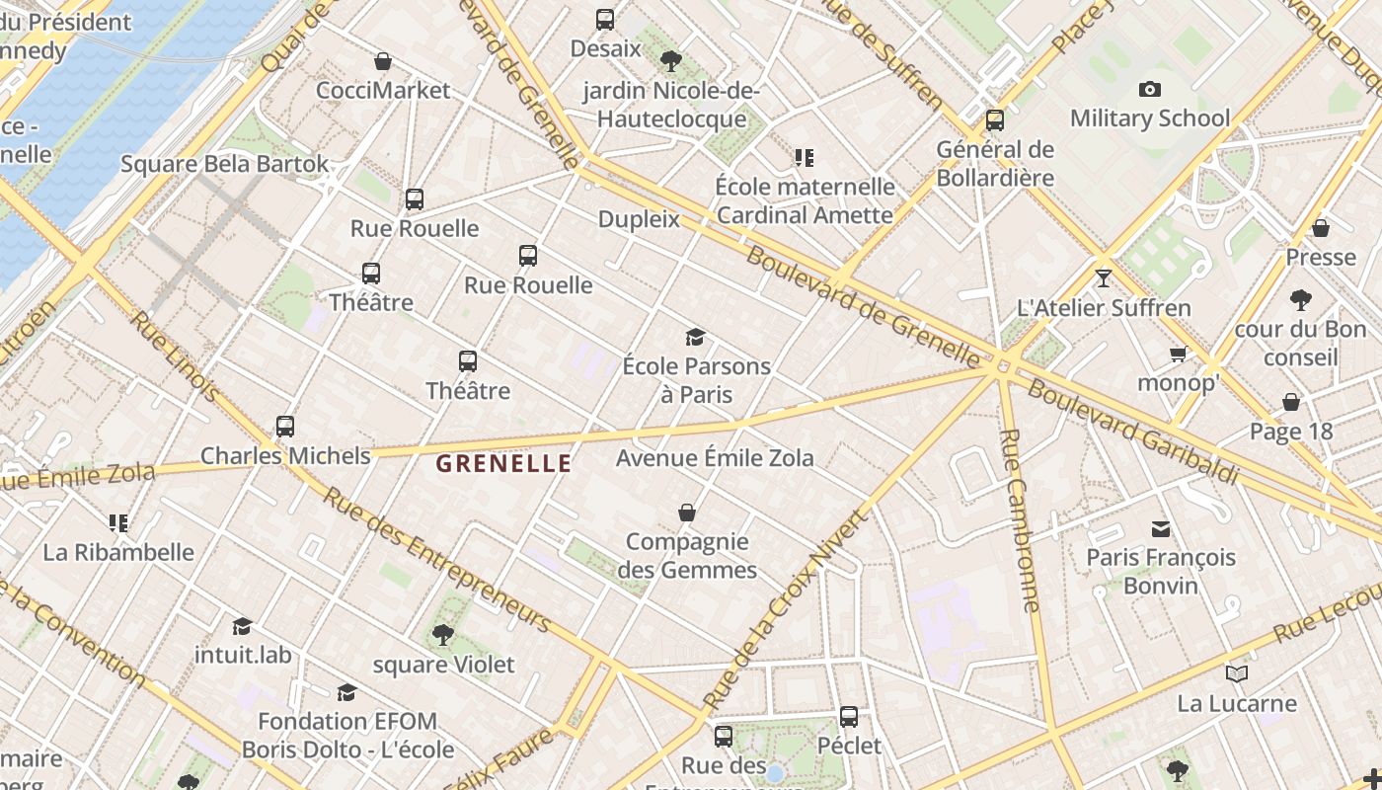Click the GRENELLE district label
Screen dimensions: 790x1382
tap(503, 463)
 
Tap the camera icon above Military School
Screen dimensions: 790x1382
tap(1149, 90)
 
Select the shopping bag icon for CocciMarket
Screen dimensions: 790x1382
tap(383, 61)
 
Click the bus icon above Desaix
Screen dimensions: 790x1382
tap(605, 19)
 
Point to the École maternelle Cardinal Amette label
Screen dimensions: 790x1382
tap(805, 200)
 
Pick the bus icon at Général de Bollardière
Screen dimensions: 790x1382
tap(995, 120)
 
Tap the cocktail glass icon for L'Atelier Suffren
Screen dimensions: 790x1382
tap(1103, 278)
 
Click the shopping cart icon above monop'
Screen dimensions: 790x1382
tap(1178, 354)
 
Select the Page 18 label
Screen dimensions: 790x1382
tap(1290, 432)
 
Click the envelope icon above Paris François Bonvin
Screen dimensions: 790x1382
tap(1161, 529)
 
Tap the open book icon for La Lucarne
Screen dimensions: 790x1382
tap(1236, 674)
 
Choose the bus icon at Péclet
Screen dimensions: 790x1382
tap(849, 717)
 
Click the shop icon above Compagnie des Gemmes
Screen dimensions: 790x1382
tap(687, 513)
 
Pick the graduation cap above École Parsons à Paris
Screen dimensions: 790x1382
tap(696, 338)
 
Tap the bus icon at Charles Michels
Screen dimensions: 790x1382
tap(285, 427)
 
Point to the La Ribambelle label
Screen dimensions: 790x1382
tap(118, 552)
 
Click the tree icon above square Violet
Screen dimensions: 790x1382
tap(443, 635)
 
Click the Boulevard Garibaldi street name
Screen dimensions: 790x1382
tap(1132, 432)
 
